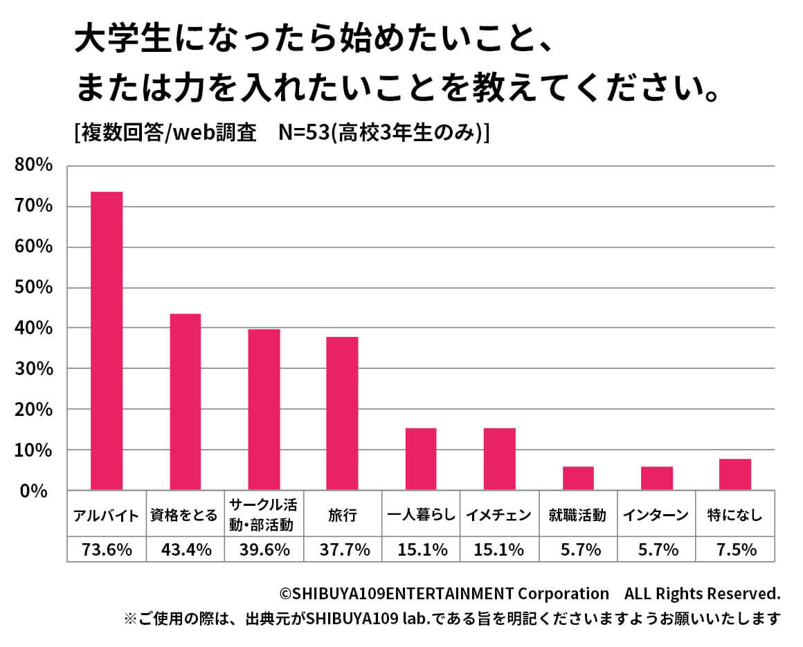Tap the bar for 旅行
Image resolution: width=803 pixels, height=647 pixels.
(342, 413)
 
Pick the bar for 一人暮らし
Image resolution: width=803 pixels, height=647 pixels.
(421, 459)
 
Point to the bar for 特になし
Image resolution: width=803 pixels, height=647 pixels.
(734, 474)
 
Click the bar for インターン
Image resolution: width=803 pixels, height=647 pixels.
(656, 478)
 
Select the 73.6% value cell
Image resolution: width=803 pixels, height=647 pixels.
(107, 550)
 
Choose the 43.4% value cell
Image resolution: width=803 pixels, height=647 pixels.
(186, 550)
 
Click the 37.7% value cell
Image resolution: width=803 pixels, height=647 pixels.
(342, 550)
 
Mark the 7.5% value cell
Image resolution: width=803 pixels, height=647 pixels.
(734, 550)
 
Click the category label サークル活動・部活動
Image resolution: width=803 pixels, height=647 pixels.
(264, 514)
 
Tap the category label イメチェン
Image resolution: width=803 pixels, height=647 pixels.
(499, 515)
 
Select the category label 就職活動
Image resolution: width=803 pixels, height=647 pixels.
(577, 515)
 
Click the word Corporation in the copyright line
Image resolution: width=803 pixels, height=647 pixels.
(564, 594)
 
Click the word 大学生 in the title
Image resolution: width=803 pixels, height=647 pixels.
(114, 44)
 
